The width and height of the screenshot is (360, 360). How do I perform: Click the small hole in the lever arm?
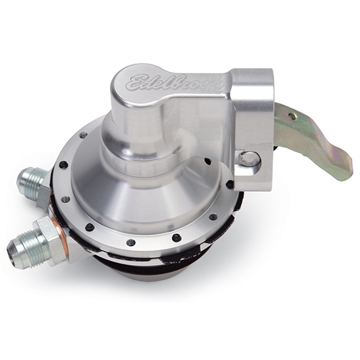tap(291, 117)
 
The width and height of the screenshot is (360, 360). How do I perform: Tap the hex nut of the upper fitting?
tap(45, 190)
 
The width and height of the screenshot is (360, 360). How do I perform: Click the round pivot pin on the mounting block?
tap(249, 158)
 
